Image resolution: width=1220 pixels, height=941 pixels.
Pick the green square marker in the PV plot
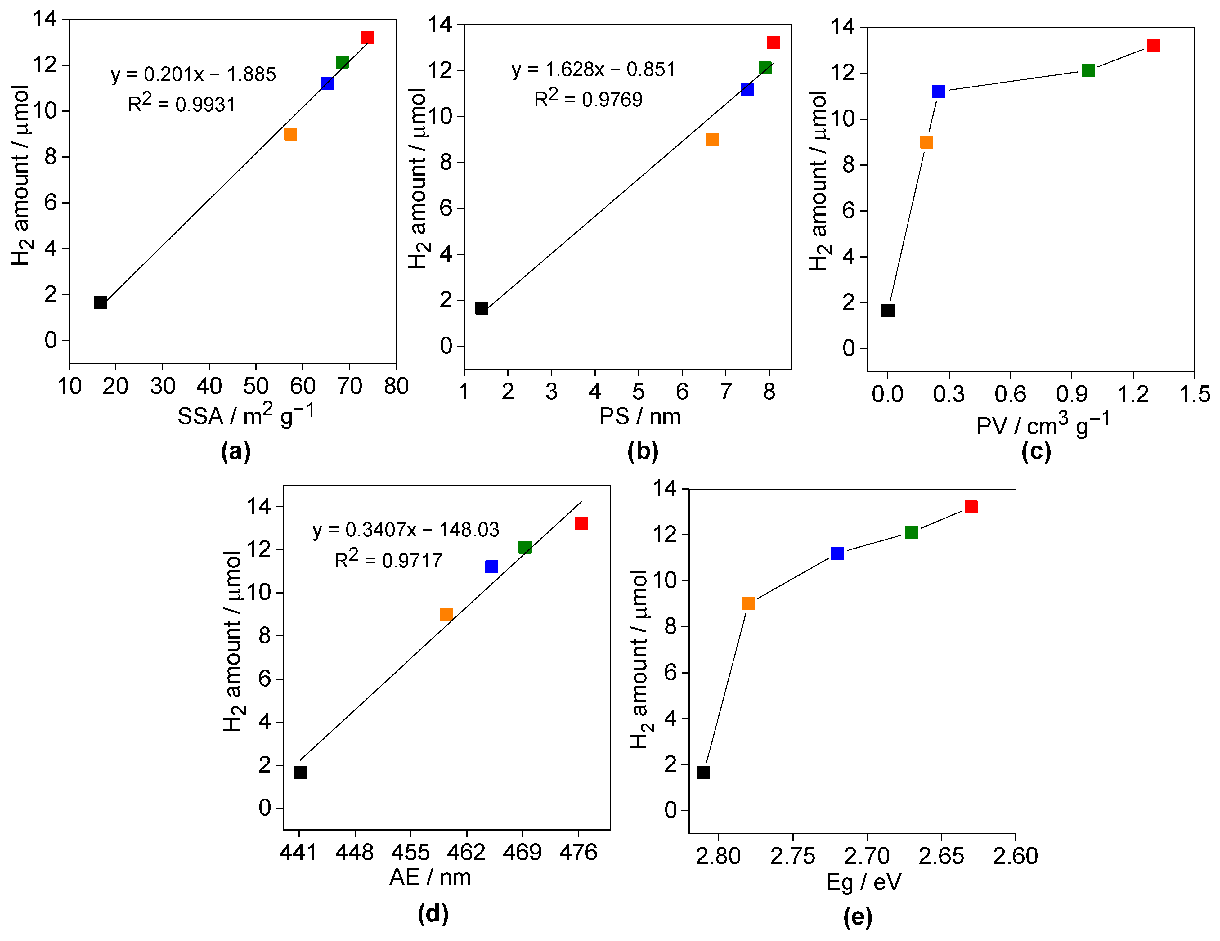[1088, 70]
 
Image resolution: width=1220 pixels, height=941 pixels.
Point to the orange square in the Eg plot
[748, 604]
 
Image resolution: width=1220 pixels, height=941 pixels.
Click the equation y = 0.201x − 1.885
[193, 74]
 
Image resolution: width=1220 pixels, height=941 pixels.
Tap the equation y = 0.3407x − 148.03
[406, 529]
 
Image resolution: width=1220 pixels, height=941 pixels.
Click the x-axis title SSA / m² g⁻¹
[246, 415]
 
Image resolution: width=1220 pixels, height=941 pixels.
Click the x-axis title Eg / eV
[863, 882]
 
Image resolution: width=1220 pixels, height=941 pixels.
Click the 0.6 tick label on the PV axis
[1010, 394]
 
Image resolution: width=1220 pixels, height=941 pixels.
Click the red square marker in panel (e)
[971, 507]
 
